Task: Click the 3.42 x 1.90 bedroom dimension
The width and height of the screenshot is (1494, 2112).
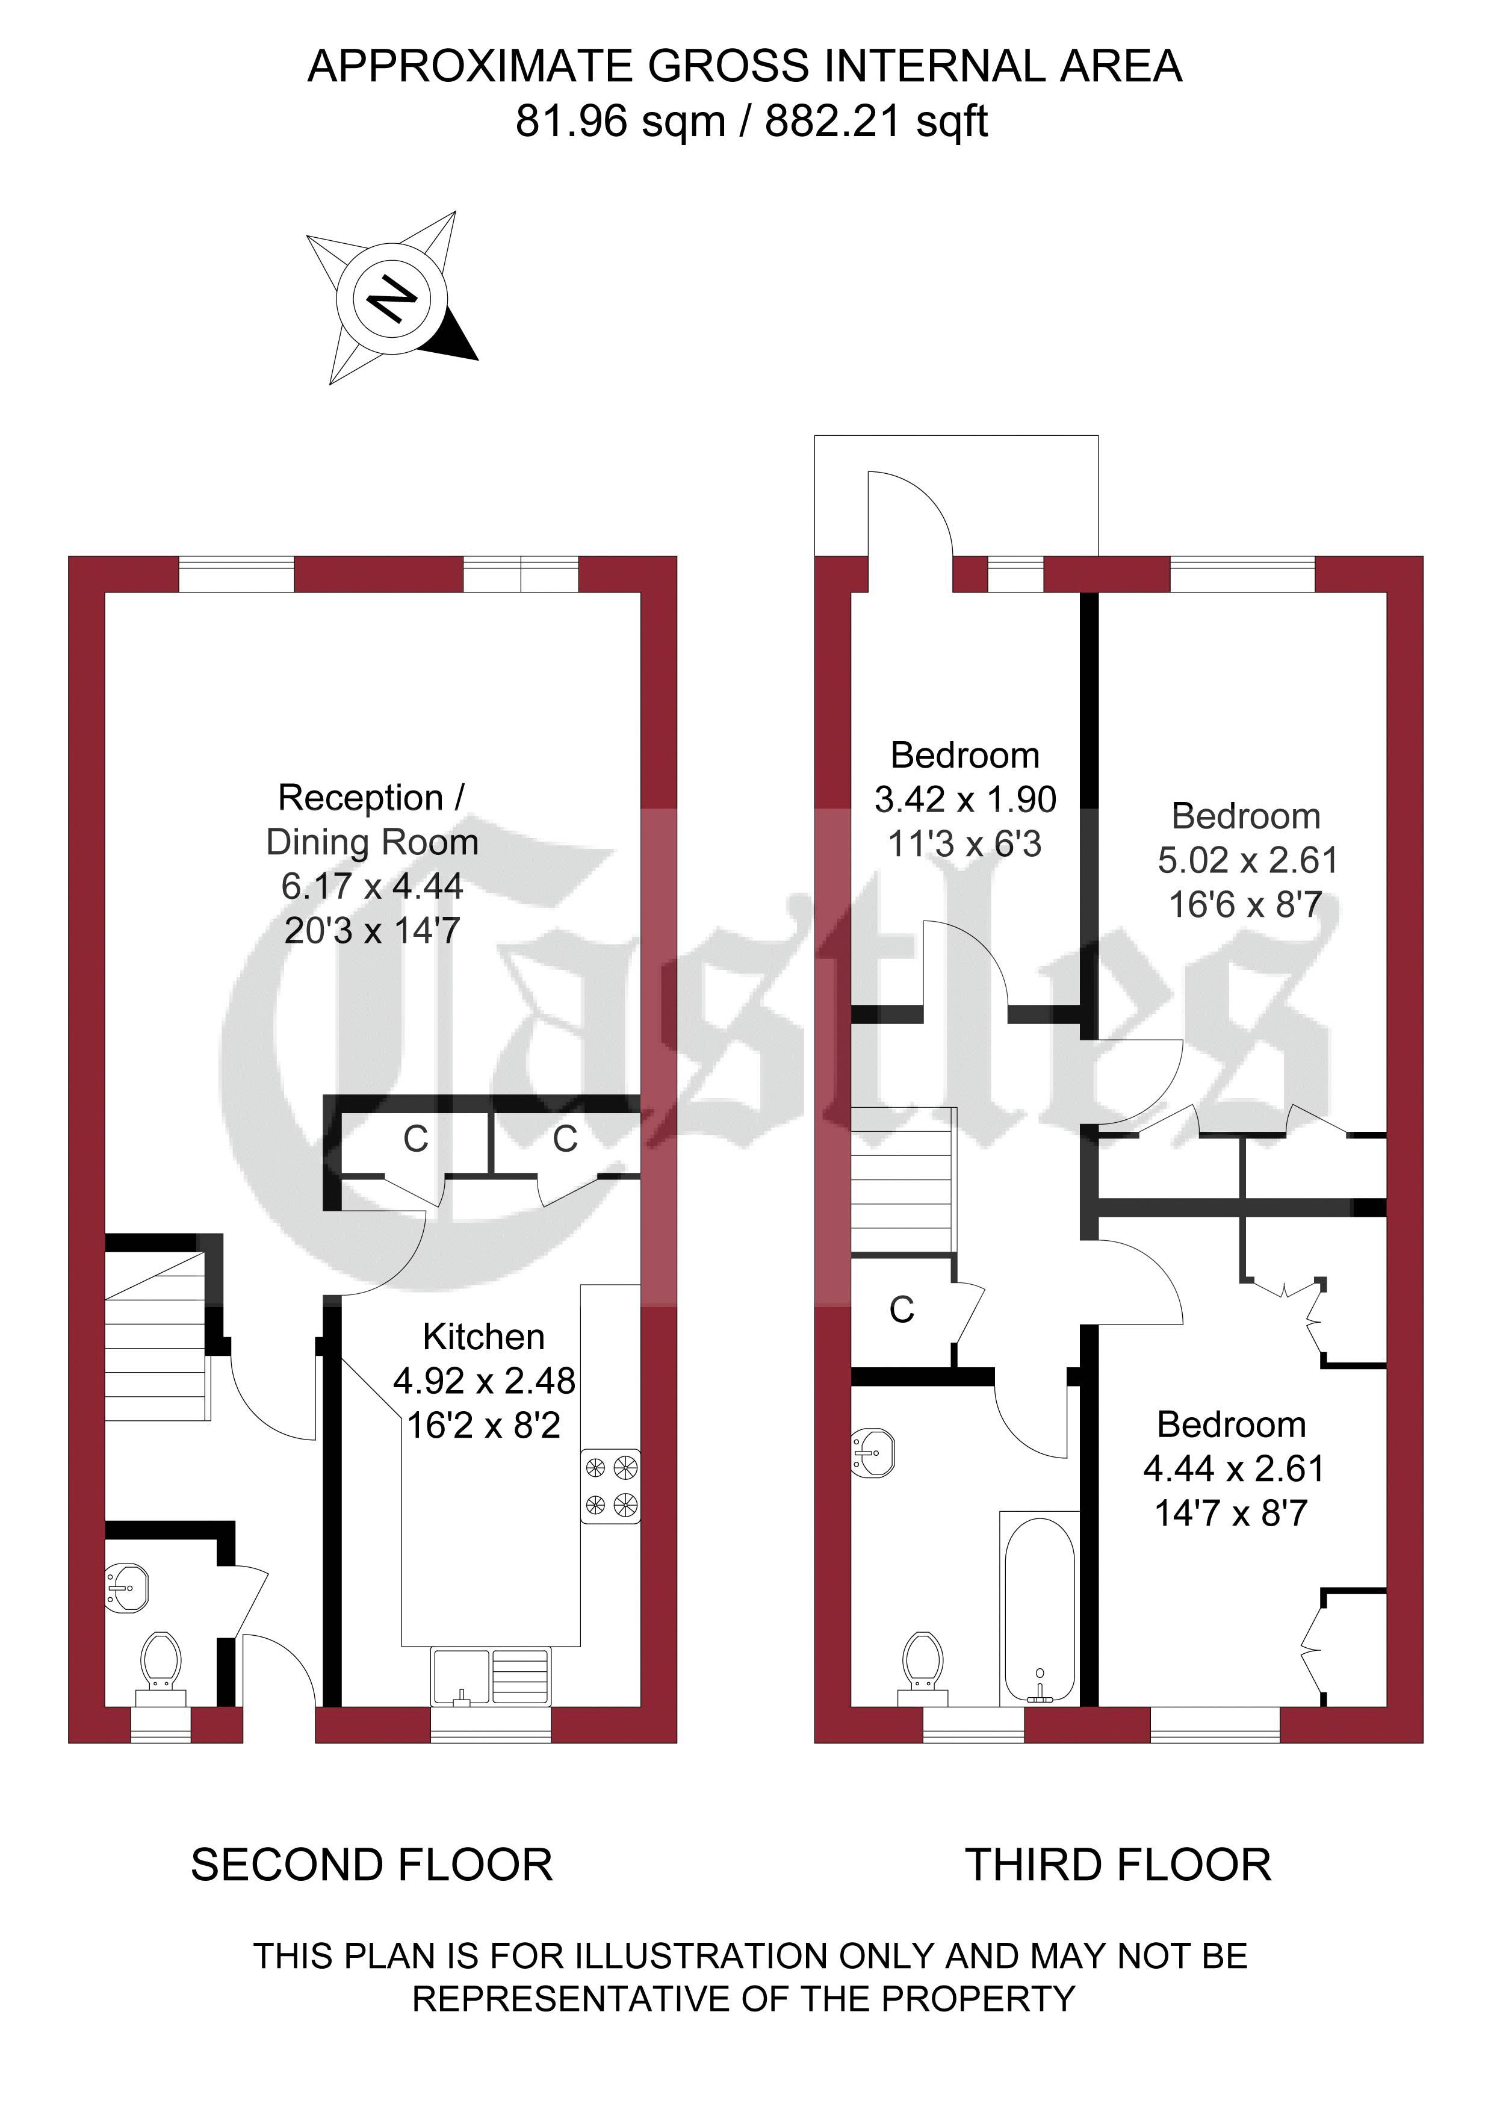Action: point(965,800)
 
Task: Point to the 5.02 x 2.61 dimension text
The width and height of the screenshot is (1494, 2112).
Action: point(1247,860)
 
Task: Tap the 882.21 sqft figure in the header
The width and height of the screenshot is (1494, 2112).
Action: point(876,120)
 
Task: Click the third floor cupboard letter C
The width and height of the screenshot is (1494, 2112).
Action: point(902,1310)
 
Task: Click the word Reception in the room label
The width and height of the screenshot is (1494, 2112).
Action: point(361,798)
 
